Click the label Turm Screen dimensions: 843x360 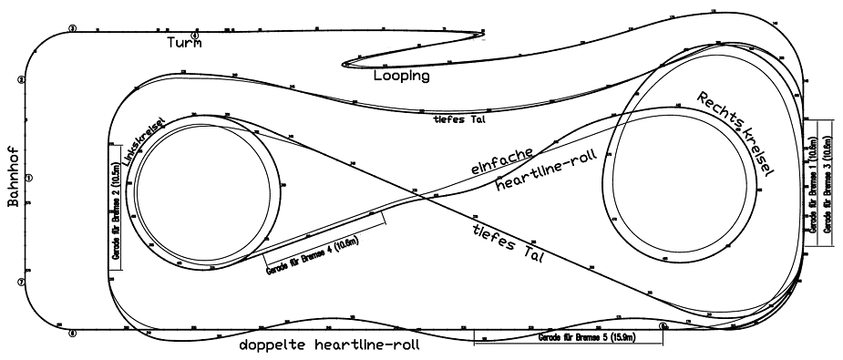pyautogui.click(x=184, y=42)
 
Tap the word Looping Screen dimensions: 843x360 pyautogui.click(x=401, y=77)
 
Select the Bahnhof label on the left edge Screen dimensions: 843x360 pyautogui.click(x=13, y=181)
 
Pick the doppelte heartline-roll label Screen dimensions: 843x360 pyautogui.click(x=330, y=345)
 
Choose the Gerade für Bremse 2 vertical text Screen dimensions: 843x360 pyautogui.click(x=115, y=206)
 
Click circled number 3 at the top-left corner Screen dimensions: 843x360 pyautogui.click(x=71, y=29)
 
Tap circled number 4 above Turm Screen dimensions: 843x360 pyautogui.click(x=194, y=35)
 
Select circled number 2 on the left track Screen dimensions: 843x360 pyautogui.click(x=21, y=79)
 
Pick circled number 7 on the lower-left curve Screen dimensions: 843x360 pyautogui.click(x=21, y=283)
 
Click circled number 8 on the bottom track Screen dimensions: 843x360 pyautogui.click(x=71, y=333)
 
